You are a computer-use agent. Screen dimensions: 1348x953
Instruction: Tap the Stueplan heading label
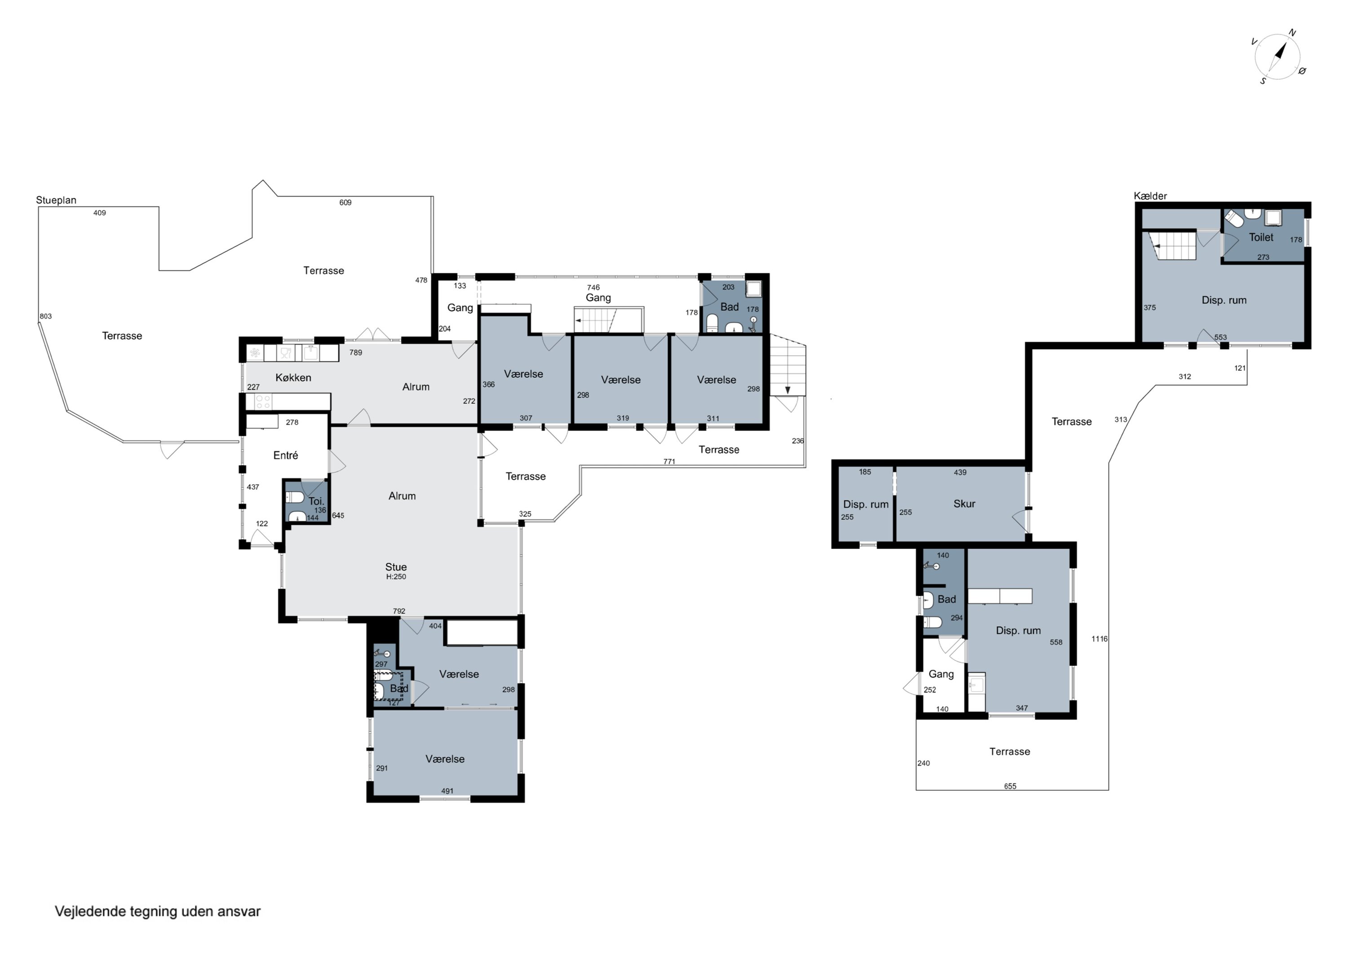56,200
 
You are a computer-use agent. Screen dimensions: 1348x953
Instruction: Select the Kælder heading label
1150,196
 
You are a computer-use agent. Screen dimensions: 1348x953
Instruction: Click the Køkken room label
293,377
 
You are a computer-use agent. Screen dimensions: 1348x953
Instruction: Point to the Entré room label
285,455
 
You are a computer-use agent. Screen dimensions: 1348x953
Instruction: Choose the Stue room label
396,567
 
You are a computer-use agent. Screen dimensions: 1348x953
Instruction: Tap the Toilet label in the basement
1261,237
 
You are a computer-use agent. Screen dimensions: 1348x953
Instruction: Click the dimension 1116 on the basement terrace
1100,639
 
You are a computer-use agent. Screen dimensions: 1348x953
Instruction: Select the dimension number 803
46,316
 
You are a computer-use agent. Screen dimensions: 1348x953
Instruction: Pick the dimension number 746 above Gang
594,287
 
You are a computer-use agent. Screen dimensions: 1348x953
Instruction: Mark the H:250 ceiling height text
396,576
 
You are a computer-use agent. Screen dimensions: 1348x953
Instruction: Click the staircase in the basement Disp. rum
1172,245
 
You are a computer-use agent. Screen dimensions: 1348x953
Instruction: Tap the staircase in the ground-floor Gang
609,320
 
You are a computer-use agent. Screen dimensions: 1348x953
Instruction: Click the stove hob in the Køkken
263,402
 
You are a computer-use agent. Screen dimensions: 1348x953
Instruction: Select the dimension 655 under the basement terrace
1010,786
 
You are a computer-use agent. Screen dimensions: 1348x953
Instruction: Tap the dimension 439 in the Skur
960,472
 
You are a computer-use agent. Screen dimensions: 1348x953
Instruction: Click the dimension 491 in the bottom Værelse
448,791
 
